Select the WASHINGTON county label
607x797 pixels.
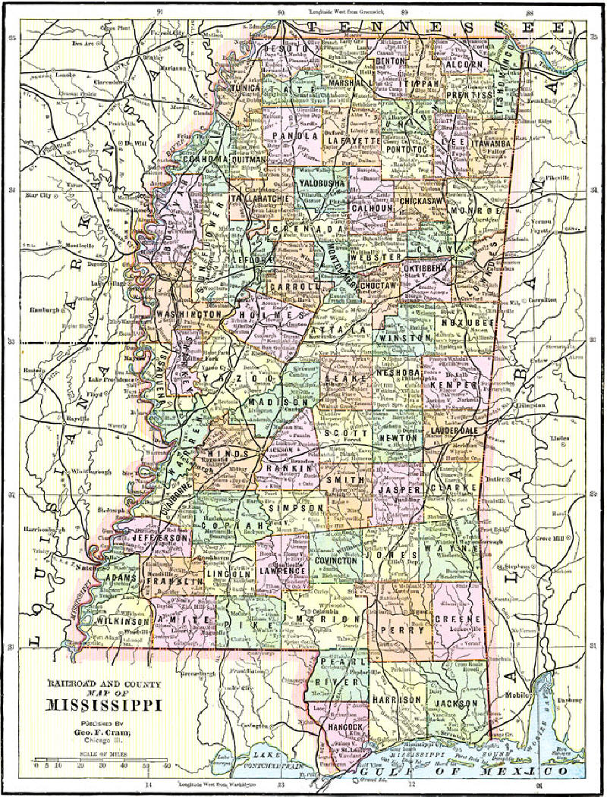[189, 313]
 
